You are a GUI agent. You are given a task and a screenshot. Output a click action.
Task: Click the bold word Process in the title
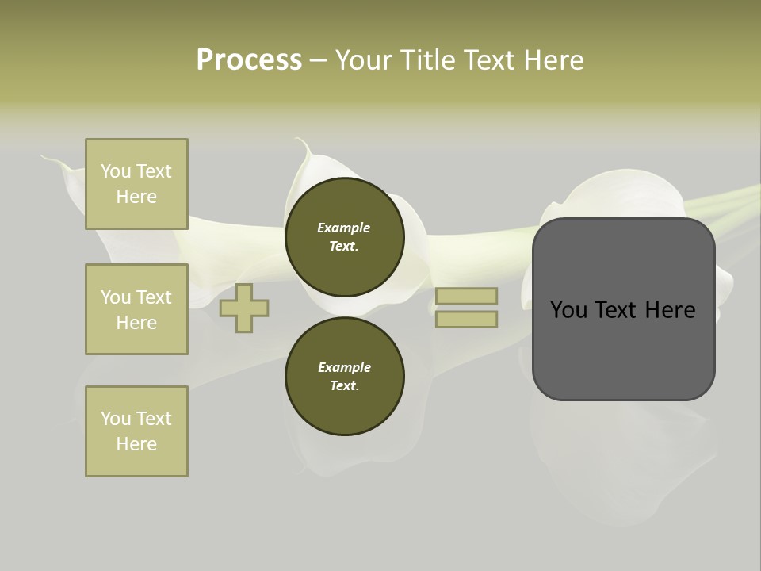(x=249, y=60)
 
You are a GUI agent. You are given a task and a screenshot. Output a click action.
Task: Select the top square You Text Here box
(x=136, y=184)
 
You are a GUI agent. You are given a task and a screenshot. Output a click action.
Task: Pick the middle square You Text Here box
(x=136, y=309)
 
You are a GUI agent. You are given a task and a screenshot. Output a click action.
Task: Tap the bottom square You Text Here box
(x=136, y=431)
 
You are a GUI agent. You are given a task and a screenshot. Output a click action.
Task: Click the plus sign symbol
(x=244, y=308)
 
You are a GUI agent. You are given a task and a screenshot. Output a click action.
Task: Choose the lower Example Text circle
(x=344, y=377)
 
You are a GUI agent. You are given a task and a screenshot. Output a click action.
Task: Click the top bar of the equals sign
(x=466, y=296)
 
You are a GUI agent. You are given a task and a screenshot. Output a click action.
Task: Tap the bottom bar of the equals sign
(x=466, y=319)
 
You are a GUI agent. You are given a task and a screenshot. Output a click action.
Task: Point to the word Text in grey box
(x=623, y=310)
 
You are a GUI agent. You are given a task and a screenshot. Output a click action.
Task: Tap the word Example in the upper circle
(x=344, y=228)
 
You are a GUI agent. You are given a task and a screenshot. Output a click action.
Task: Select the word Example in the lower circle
(x=344, y=367)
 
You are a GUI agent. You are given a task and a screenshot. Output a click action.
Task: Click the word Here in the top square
(x=136, y=197)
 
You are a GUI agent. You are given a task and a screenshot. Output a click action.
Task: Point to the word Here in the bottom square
(x=136, y=444)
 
